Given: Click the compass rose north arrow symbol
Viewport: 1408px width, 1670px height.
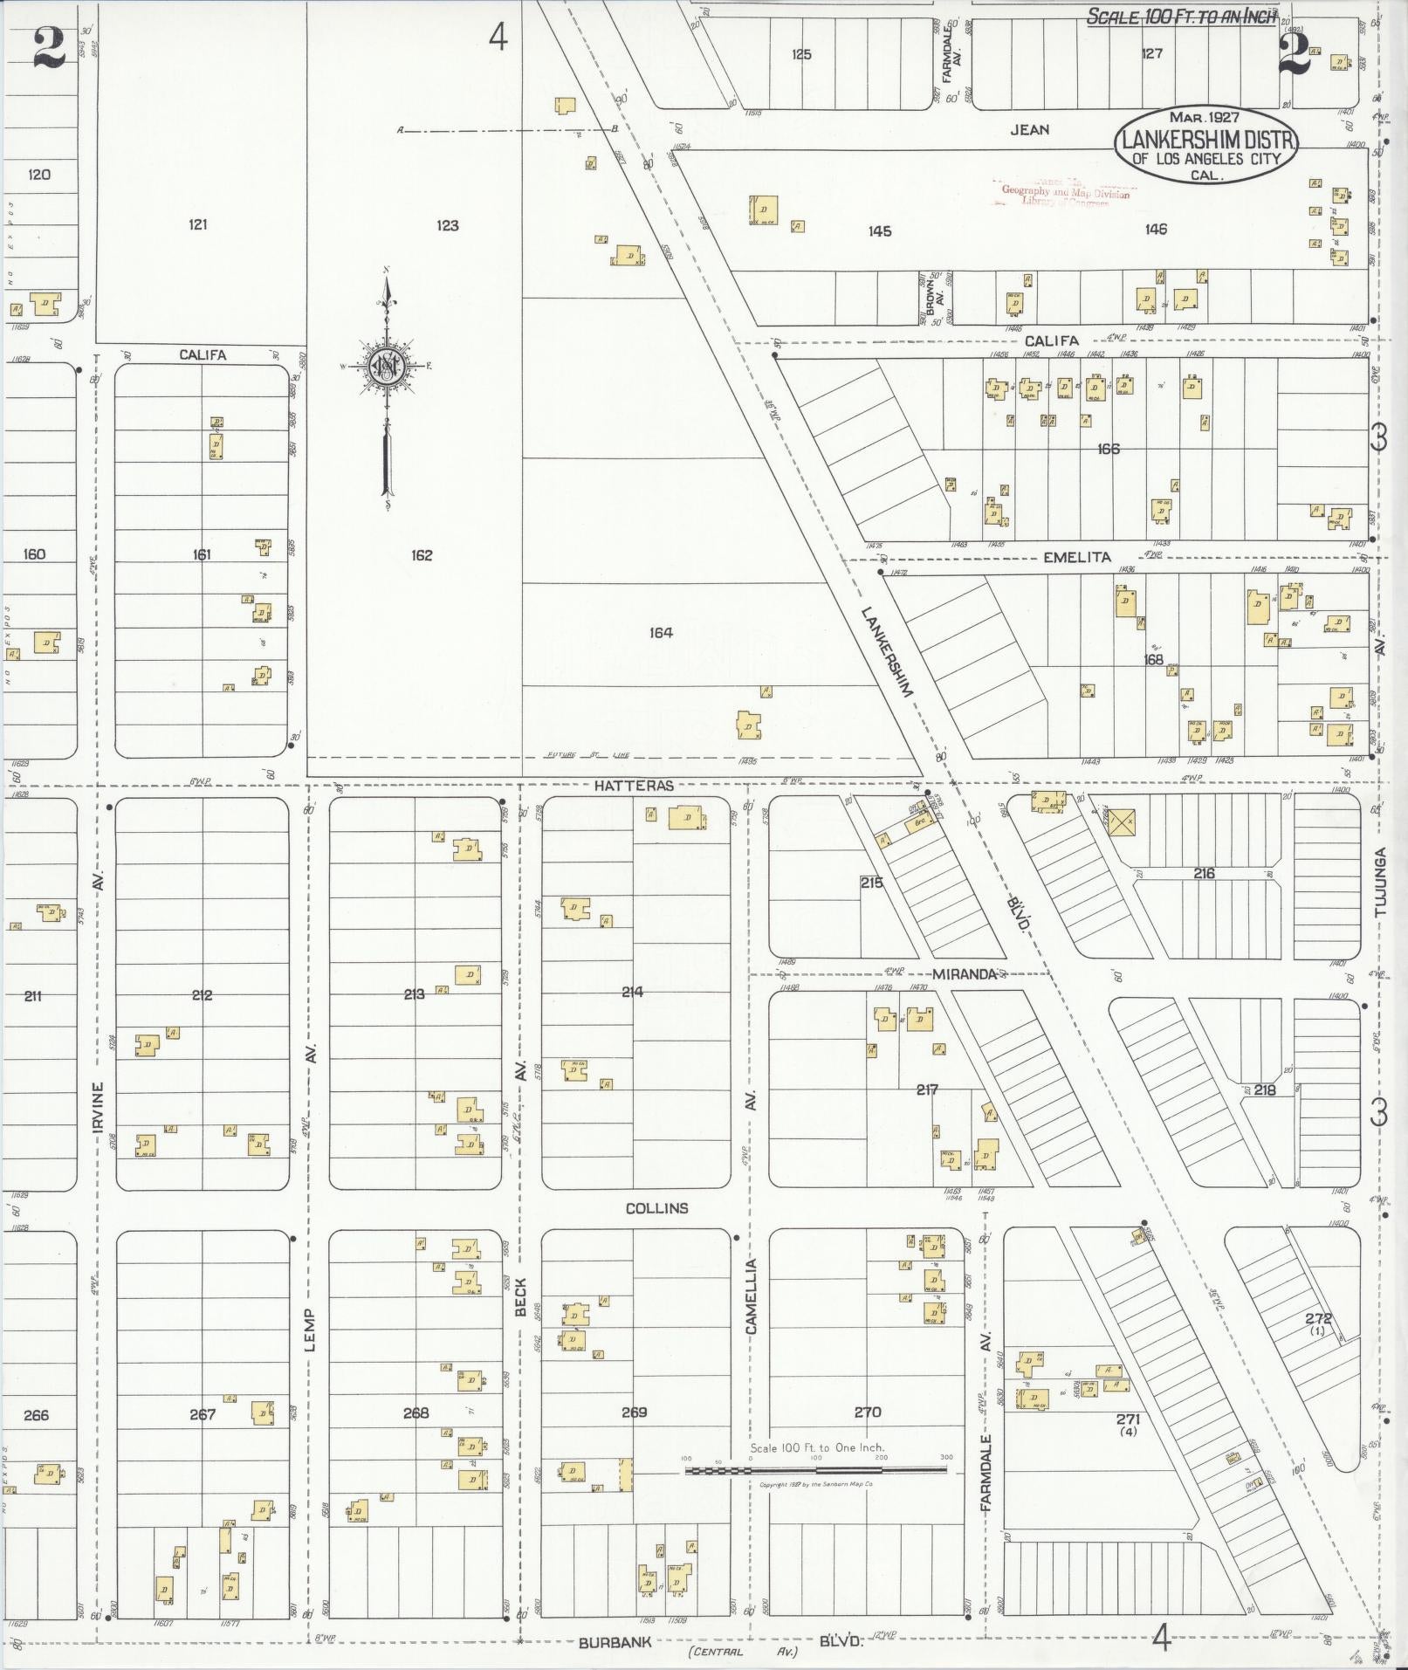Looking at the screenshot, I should coord(384,366).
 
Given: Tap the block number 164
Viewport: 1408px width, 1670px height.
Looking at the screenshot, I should coord(661,632).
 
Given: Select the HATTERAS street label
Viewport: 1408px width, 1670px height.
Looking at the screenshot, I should coord(635,786).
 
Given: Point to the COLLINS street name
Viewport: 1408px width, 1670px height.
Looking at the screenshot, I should coord(656,1208).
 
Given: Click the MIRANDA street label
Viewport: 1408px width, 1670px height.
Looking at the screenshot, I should coord(963,973).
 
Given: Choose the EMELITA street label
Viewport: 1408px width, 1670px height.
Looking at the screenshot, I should coord(1077,557).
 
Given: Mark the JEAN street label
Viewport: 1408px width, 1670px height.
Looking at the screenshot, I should coord(1029,129).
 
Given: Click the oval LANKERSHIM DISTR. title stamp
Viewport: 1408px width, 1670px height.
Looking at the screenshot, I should coord(1205,146).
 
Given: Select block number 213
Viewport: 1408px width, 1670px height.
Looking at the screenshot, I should coord(414,993).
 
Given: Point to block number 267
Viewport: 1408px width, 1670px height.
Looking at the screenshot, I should coord(202,1414).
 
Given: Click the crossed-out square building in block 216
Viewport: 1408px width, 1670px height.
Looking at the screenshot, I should coord(1122,821).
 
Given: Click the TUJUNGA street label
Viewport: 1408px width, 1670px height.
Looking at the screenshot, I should coord(1380,881).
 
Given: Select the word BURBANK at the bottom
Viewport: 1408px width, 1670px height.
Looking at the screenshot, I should coord(615,1642).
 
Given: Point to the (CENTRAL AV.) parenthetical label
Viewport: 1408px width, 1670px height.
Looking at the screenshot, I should coord(742,1651).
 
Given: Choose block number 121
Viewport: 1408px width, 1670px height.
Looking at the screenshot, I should coord(198,224).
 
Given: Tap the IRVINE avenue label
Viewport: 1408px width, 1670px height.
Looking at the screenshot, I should coord(99,1110).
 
